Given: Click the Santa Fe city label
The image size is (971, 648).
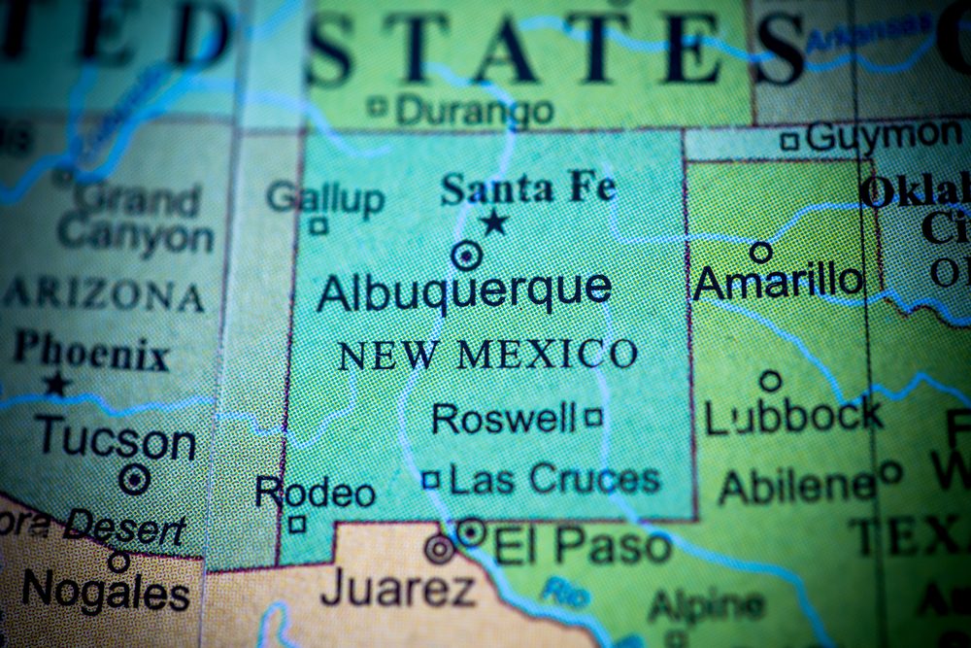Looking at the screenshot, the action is [x=528, y=188].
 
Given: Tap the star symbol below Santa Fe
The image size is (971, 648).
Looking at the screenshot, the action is [x=494, y=223].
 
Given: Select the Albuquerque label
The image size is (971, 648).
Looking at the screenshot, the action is [x=464, y=290].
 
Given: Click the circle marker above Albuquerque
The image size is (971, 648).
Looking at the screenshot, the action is [x=467, y=256].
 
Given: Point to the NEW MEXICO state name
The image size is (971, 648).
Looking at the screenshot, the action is [x=487, y=355].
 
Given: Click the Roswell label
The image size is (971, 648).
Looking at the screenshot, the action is [x=504, y=419].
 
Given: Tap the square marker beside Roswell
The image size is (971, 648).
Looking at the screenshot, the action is [x=593, y=419].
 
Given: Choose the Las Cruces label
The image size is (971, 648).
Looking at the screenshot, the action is [x=555, y=478].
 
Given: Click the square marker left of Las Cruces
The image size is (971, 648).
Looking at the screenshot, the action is [x=431, y=479].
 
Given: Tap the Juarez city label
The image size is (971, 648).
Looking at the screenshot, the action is [x=398, y=588].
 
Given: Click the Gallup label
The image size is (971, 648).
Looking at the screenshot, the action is [x=325, y=198].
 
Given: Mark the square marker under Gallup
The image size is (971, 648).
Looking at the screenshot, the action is [x=318, y=225].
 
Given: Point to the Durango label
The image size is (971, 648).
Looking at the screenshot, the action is [x=475, y=110].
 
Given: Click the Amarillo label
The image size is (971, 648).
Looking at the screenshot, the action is [x=779, y=282].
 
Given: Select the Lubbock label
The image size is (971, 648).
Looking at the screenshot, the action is [x=793, y=417].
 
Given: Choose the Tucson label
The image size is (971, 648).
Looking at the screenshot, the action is [x=116, y=440].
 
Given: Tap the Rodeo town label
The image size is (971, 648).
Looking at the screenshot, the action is [x=315, y=493].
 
